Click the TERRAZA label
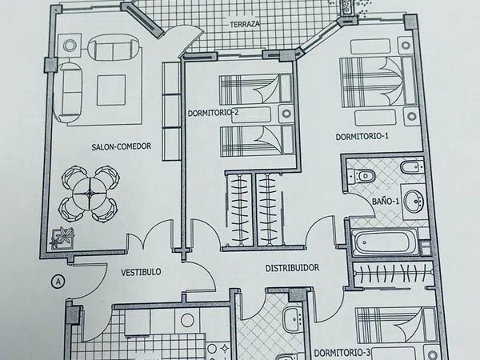pos(245,24)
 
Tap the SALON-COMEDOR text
pos(122,146)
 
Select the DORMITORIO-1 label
pos(362,137)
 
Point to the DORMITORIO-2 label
pos(213,113)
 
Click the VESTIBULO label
pos(141,272)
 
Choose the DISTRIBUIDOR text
pos(292,268)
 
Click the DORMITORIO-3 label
pos(342,353)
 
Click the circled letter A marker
pos(58,282)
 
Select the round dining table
pos(90,193)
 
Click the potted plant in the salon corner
pos(62,238)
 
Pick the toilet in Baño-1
pos(362,176)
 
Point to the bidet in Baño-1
pos(412,167)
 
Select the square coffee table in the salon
pos(111,90)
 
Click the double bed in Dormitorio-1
pos(377,82)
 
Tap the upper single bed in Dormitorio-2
pos(256,89)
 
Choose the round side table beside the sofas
pos(70,46)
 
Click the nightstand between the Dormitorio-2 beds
pos(286,114)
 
